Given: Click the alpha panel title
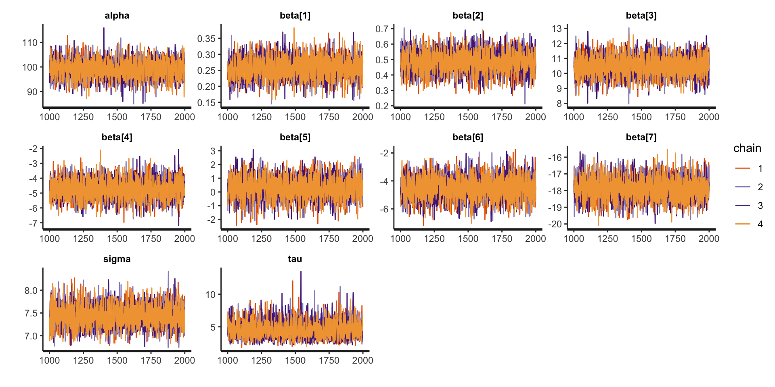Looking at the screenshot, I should [x=117, y=16].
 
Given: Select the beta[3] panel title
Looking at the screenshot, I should [x=641, y=16].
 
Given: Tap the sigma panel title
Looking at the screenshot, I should [x=117, y=259].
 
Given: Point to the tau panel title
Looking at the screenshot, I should [x=295, y=259].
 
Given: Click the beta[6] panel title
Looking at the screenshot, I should [x=468, y=137].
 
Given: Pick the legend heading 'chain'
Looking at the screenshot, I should [x=747, y=148].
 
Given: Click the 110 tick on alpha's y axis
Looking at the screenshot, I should [x=30, y=43].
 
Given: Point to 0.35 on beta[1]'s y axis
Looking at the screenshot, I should [x=206, y=39].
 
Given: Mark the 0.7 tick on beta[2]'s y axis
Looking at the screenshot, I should [x=382, y=29].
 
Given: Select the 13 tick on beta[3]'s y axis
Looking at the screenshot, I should [x=557, y=29].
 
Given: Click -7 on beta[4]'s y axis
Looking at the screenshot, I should [x=33, y=223].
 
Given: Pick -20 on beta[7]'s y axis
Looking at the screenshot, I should [x=555, y=224].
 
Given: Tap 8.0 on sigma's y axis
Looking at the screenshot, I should [x=31, y=291].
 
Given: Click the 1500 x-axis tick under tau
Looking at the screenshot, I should [x=295, y=360].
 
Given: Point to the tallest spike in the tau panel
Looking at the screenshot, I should [x=301, y=272].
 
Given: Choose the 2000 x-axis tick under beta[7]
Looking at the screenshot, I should [x=709, y=239].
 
